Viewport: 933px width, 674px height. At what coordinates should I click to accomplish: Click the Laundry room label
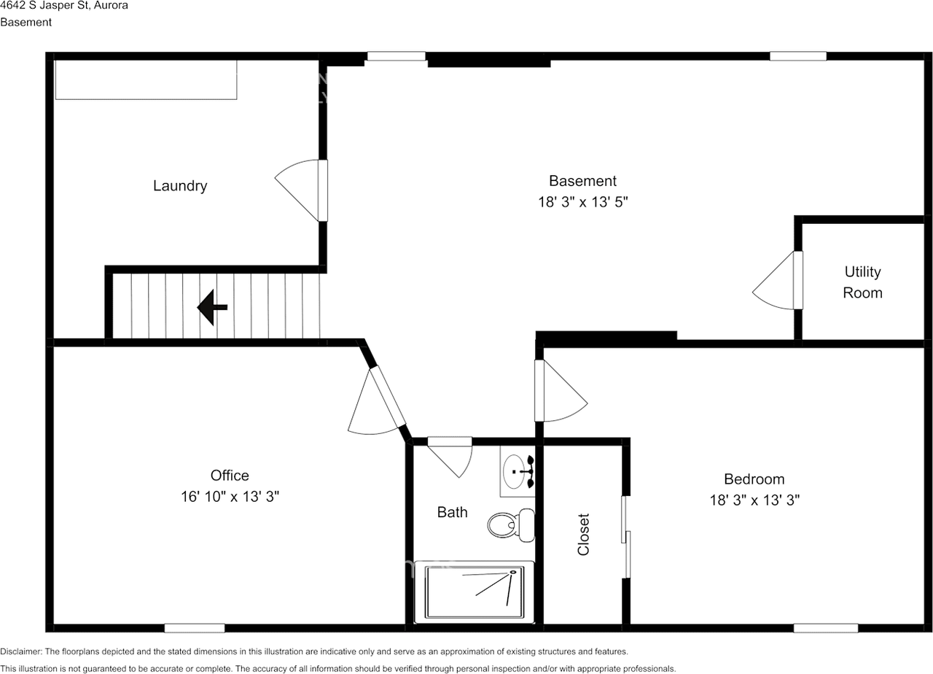(x=180, y=186)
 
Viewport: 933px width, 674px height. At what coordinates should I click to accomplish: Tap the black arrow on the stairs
(x=212, y=307)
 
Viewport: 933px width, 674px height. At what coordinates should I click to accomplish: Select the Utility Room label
(x=862, y=282)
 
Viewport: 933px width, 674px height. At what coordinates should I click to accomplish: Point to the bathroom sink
(x=516, y=472)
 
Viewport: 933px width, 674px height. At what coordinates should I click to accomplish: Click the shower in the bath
(x=474, y=592)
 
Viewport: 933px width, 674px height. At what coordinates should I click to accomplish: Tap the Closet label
(x=583, y=535)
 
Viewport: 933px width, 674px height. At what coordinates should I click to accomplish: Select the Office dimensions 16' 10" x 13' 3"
(x=230, y=497)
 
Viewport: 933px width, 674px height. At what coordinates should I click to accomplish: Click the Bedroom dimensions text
(x=754, y=500)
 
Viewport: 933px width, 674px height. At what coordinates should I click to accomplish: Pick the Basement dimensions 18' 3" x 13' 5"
(x=582, y=202)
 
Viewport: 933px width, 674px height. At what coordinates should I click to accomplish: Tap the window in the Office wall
(x=194, y=628)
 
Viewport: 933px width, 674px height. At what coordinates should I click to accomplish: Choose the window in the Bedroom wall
(x=825, y=628)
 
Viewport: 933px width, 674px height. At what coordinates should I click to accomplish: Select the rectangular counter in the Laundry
(x=146, y=80)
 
